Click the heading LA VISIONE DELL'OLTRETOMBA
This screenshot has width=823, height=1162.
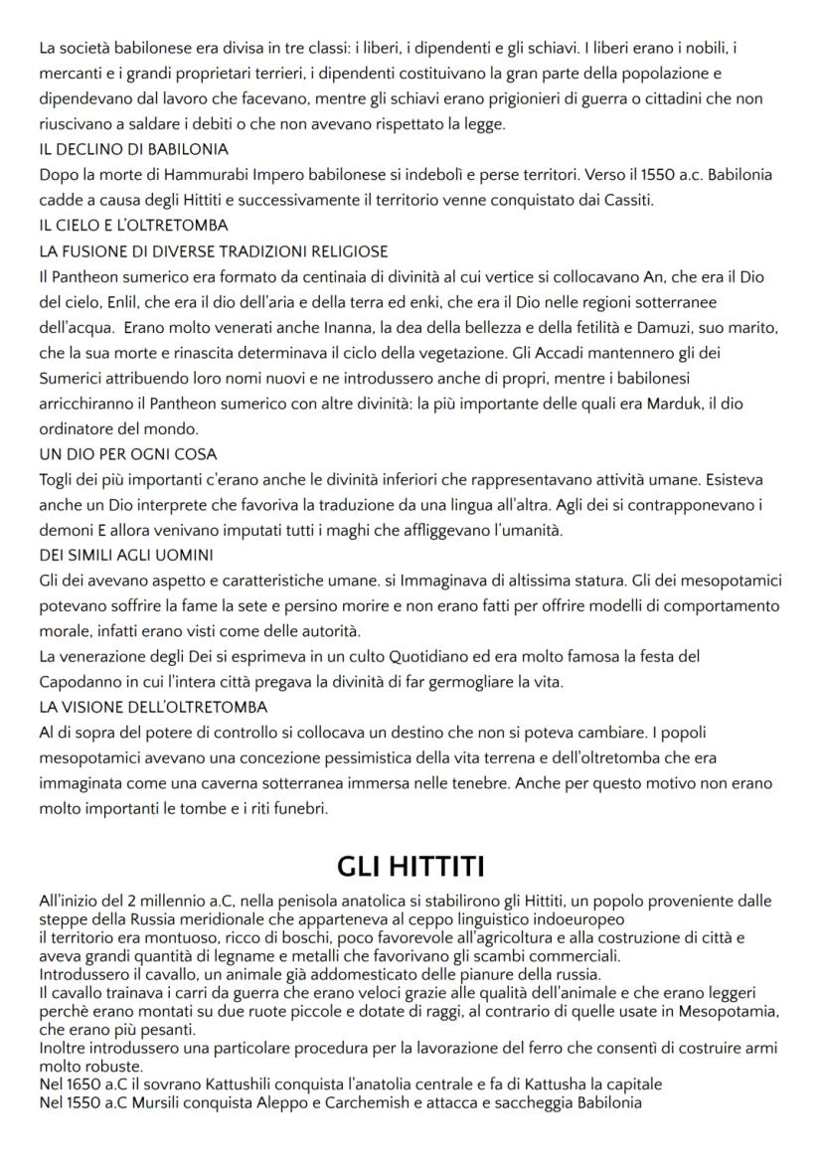153,707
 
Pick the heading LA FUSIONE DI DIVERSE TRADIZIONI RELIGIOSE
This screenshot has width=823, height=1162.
213,251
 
